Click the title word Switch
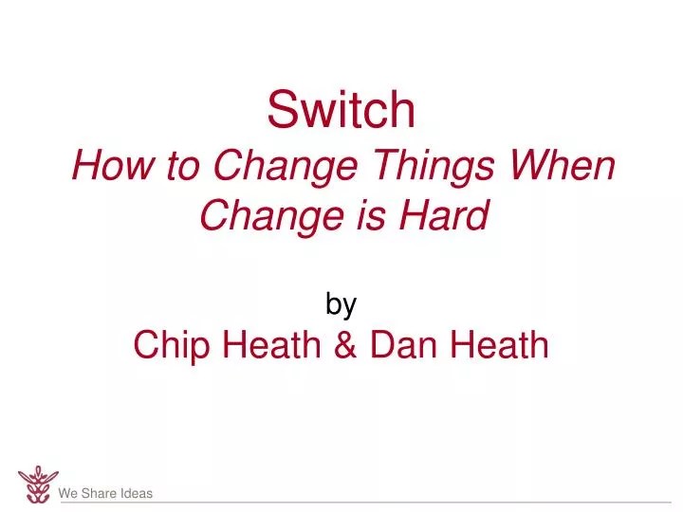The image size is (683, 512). tap(341, 109)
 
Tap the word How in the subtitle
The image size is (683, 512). tap(113, 165)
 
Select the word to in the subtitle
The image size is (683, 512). tap(183, 166)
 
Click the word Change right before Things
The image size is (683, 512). tap(286, 169)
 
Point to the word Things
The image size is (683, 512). tap(434, 169)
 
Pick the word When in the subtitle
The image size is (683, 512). tap(562, 165)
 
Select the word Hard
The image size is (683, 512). tap(444, 214)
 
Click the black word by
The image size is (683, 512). tap(341, 304)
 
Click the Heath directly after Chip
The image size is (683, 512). tap(272, 344)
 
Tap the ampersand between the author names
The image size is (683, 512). tap(345, 344)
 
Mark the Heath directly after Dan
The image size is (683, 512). tap(499, 344)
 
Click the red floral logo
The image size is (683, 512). tap(38, 485)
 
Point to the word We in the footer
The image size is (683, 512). tap(68, 493)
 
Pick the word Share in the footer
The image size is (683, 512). tap(99, 493)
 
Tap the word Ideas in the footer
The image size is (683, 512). tap(137, 493)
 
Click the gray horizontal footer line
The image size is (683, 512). tap(366, 503)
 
